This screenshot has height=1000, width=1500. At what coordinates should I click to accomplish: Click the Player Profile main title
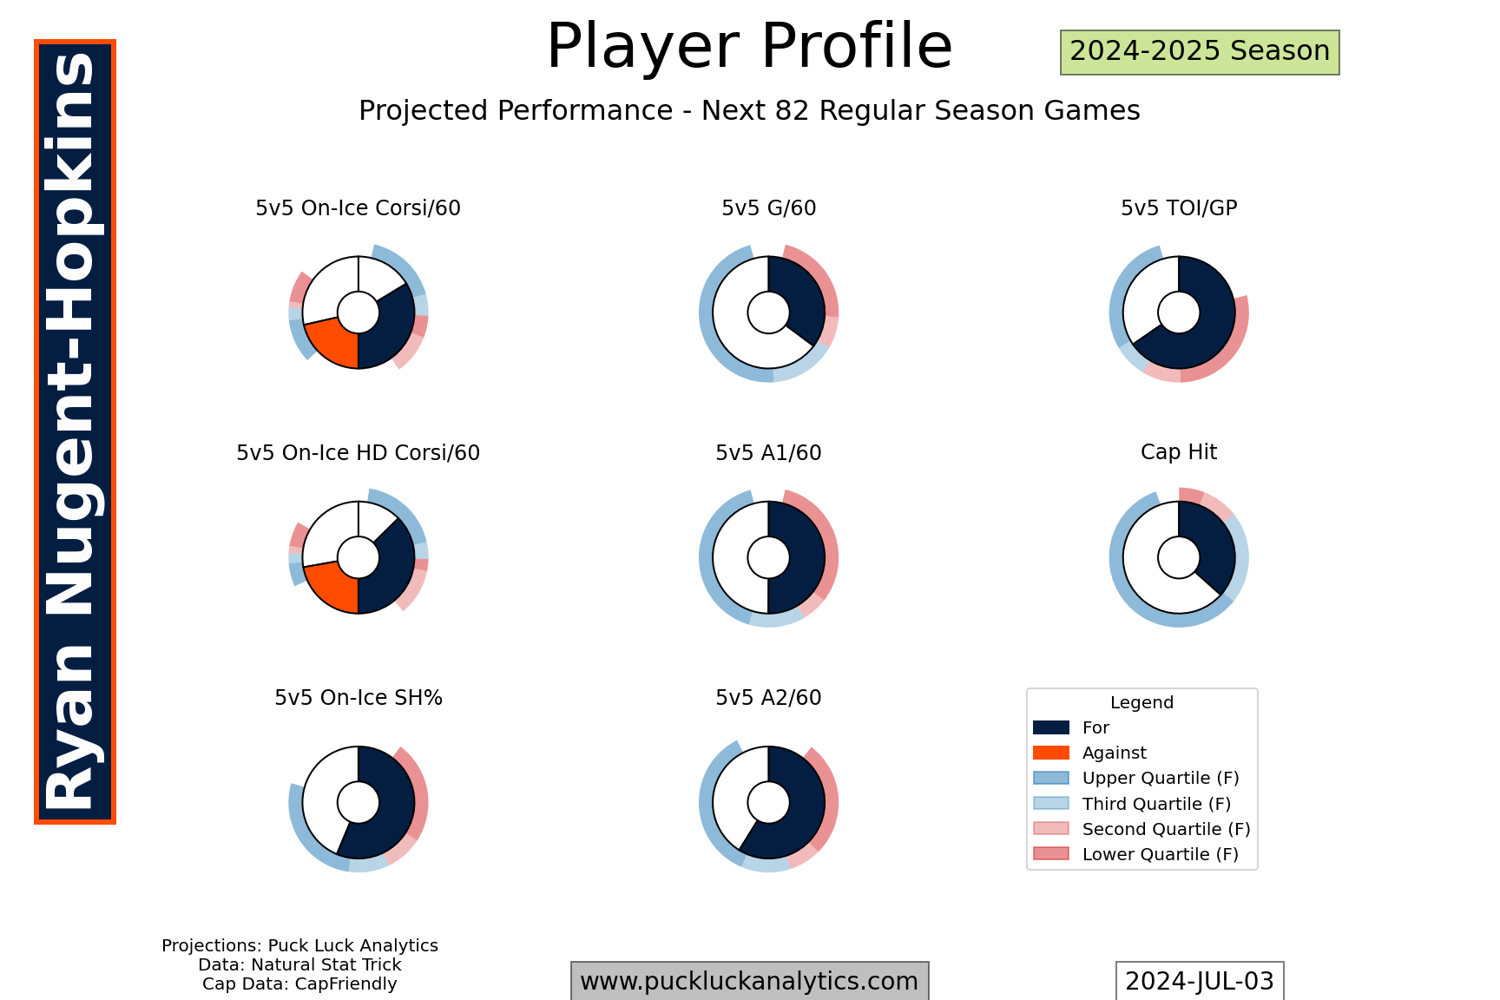749,47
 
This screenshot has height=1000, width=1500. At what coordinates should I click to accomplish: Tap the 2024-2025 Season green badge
1200,52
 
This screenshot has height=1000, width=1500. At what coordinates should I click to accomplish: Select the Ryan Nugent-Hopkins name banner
75,431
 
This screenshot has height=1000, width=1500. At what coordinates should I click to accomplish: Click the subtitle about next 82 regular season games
749,111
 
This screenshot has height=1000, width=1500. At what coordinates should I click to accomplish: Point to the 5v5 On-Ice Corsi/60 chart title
358,208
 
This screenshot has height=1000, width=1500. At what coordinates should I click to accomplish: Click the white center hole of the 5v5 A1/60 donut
768,557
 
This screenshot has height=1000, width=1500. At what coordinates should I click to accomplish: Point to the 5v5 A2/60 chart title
768,698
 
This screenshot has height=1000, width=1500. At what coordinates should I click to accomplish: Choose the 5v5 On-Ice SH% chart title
359,698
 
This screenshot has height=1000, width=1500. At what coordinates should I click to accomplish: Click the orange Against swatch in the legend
1050,753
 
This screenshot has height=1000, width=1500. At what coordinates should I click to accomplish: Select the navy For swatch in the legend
1050,727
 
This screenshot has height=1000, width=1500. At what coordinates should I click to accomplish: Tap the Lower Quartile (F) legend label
1161,854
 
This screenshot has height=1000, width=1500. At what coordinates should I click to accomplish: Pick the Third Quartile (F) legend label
1157,804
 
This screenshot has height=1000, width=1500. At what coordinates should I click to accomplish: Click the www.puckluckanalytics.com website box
749,981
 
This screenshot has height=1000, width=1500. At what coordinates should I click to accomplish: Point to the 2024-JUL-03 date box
1200,981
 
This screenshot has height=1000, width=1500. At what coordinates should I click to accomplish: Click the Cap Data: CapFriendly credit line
299,984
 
